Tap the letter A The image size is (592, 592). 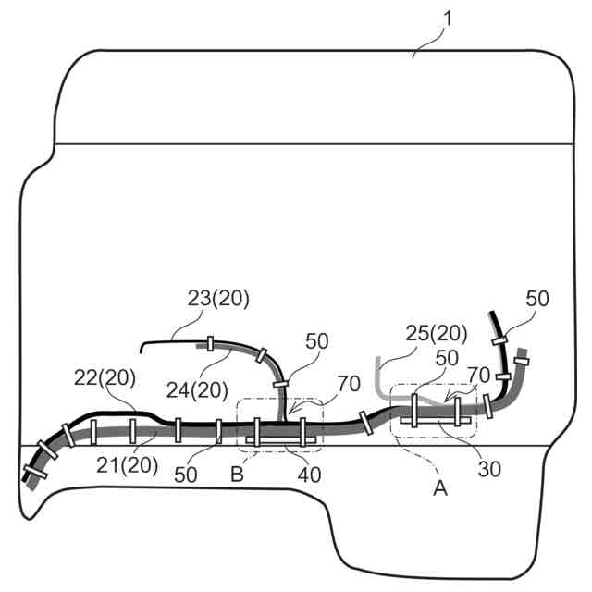tap(440, 487)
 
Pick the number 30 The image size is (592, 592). tap(489, 468)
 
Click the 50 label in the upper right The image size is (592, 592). tap(537, 298)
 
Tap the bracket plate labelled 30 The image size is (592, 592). tap(434, 421)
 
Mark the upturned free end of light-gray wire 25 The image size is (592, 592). tap(377, 361)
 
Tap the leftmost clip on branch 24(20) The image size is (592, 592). tap(211, 345)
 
